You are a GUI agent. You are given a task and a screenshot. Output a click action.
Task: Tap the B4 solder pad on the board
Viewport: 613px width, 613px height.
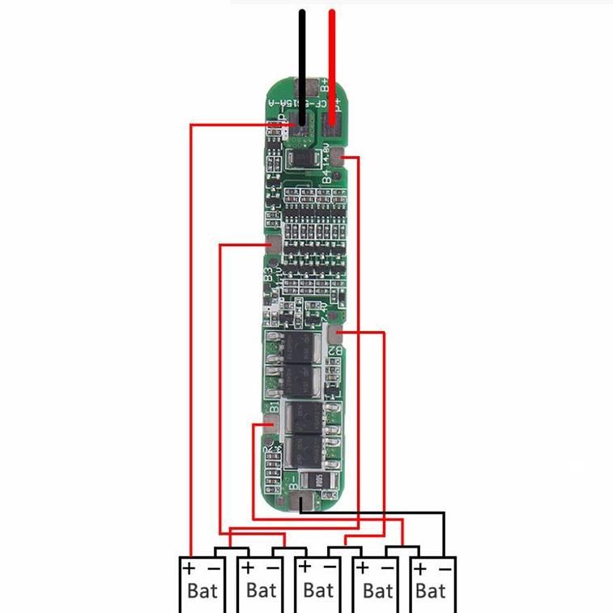click(x=348, y=160)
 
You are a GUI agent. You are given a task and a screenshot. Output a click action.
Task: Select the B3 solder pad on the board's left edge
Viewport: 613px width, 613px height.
click(x=273, y=245)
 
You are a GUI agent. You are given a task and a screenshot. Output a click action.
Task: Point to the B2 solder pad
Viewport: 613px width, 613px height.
click(x=335, y=333)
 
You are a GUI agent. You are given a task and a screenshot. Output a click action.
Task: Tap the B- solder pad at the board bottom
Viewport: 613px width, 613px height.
click(x=300, y=502)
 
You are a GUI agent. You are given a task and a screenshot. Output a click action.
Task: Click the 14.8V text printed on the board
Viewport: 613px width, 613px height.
click(x=326, y=153)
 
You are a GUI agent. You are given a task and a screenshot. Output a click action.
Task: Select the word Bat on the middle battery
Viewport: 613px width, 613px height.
click(x=317, y=590)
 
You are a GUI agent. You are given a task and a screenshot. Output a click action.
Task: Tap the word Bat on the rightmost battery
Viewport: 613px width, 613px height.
click(x=431, y=590)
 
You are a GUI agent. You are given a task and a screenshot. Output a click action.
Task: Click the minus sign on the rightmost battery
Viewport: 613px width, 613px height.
click(x=443, y=568)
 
